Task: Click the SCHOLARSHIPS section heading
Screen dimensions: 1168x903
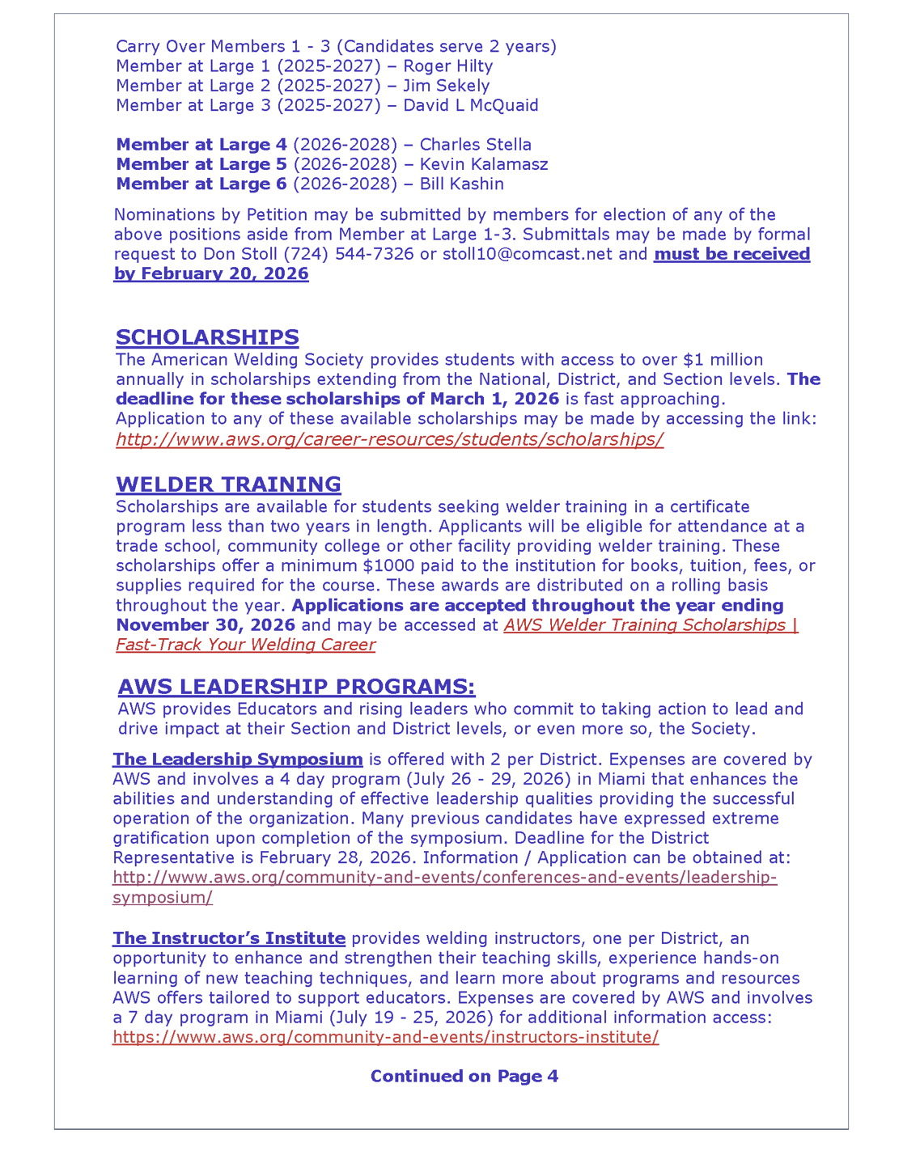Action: pos(207,337)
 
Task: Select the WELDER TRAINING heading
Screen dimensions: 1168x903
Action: pos(228,485)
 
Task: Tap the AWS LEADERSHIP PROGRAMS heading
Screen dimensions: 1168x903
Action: pos(296,687)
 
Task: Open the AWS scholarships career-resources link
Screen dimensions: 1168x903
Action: pos(389,439)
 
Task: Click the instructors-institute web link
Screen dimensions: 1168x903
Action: pos(385,1037)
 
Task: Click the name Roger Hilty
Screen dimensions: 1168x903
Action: pos(447,66)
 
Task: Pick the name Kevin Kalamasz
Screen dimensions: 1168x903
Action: pos(483,164)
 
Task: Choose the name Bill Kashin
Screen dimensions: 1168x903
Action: pos(461,184)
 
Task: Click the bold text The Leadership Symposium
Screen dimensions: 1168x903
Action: pos(237,760)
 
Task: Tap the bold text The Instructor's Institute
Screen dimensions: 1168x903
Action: pos(229,938)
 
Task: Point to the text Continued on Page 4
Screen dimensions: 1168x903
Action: pos(464,1076)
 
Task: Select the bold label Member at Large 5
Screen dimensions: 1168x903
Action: pos(201,164)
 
